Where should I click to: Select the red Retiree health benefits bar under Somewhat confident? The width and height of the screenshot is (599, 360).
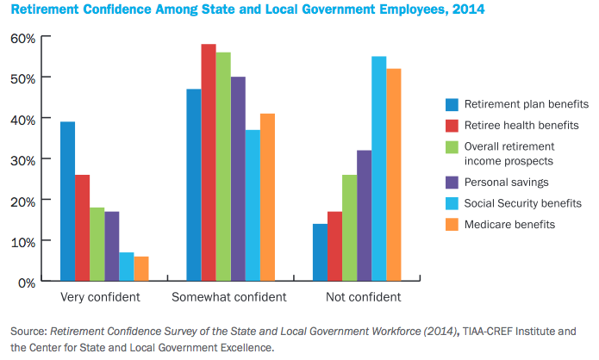pyautogui.click(x=209, y=163)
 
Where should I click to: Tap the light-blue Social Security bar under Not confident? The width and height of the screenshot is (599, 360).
pyautogui.click(x=379, y=169)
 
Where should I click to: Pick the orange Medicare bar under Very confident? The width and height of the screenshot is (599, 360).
pyautogui.click(x=141, y=269)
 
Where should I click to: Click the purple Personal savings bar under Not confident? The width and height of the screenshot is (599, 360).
pyautogui.click(x=365, y=215)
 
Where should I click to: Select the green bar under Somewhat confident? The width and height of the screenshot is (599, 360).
pyautogui.click(x=223, y=167)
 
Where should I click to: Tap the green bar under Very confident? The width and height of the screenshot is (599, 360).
pyautogui.click(x=97, y=245)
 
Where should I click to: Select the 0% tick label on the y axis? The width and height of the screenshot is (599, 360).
pyautogui.click(x=25, y=282)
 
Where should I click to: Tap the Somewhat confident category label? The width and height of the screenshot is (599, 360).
pyautogui.click(x=228, y=298)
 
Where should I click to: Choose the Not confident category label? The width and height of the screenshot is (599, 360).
pyautogui.click(x=363, y=298)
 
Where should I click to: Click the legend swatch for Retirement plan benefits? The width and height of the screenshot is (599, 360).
pyautogui.click(x=451, y=105)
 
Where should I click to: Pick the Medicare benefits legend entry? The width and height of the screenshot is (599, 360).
pyautogui.click(x=509, y=224)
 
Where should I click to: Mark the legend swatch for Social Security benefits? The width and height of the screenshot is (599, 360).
pyautogui.click(x=451, y=203)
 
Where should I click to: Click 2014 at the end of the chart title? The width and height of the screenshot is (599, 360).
pyautogui.click(x=466, y=10)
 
